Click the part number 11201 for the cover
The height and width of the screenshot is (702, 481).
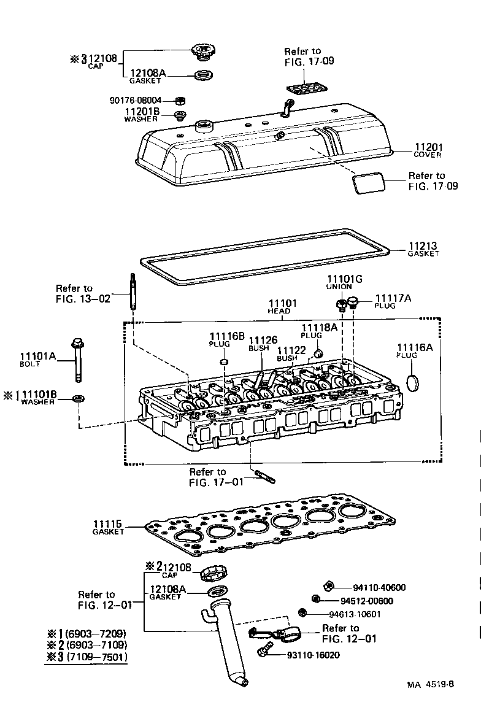[x=428, y=147]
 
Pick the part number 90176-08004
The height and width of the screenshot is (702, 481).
[x=136, y=100]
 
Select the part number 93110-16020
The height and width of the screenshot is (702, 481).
[x=313, y=655]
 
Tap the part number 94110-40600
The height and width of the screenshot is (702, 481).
[x=379, y=587]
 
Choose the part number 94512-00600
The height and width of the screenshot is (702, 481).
[x=366, y=601]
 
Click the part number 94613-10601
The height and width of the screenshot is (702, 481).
[x=354, y=614]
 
